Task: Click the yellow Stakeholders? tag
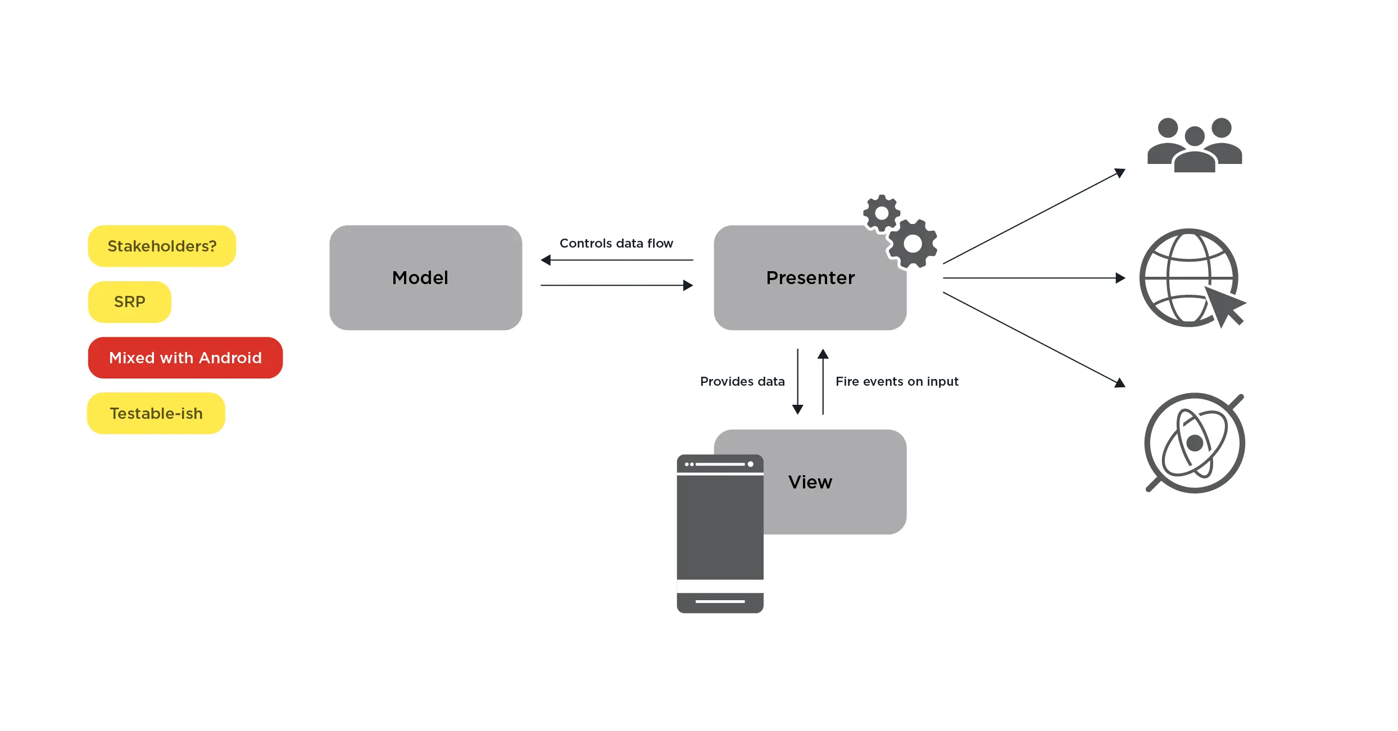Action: tap(162, 246)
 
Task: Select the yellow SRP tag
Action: tap(129, 302)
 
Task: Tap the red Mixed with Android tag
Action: tap(185, 358)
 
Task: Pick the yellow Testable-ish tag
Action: tap(156, 413)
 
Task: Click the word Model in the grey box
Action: tap(420, 278)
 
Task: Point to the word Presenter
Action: tap(810, 278)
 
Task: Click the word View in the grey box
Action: tap(810, 482)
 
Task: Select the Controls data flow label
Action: tap(616, 243)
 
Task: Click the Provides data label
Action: tap(742, 381)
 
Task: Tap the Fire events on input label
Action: tap(897, 381)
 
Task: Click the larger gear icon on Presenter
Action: tap(913, 244)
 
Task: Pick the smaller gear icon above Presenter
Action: tap(882, 213)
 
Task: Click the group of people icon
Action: tap(1194, 145)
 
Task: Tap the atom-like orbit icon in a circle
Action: tap(1195, 443)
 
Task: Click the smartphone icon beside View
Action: tap(720, 533)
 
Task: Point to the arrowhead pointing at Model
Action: tap(546, 260)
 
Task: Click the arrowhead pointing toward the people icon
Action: tap(1120, 172)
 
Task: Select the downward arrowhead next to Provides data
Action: tap(797, 409)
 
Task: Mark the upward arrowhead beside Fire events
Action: tap(823, 354)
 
